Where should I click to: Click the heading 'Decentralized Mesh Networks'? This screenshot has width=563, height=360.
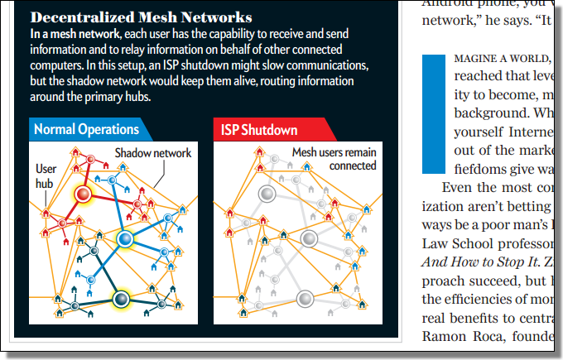click(142, 17)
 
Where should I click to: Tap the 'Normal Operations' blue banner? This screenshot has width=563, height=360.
click(86, 129)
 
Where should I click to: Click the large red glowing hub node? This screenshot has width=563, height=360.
click(84, 194)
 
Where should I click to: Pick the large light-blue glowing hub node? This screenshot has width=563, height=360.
click(124, 239)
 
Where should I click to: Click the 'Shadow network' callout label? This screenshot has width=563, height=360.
click(153, 153)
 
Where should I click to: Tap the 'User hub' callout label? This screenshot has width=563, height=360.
click(46, 175)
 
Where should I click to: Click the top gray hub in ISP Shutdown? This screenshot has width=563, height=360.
click(267, 194)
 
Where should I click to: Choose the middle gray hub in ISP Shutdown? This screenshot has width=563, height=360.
click(308, 239)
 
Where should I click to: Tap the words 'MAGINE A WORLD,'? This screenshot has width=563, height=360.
click(502, 60)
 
